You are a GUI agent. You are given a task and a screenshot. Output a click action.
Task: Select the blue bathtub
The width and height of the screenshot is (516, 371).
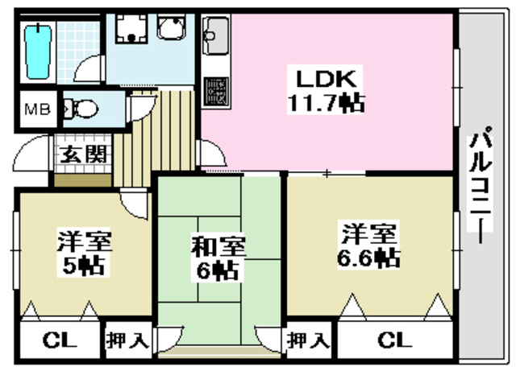(x=36, y=50)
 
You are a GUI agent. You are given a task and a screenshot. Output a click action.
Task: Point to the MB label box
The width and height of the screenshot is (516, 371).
(x=36, y=109)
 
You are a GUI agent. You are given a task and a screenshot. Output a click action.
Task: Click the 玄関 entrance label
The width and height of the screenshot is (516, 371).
(x=81, y=154)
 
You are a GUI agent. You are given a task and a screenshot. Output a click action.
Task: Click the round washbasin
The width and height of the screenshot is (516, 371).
(x=171, y=31)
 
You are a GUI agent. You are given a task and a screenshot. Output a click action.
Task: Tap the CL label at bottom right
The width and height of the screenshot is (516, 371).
(x=389, y=340)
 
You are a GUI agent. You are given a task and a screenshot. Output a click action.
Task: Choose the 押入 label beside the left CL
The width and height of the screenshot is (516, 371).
(x=127, y=340)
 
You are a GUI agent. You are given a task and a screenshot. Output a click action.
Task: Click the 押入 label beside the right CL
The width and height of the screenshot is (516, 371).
(x=310, y=340)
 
